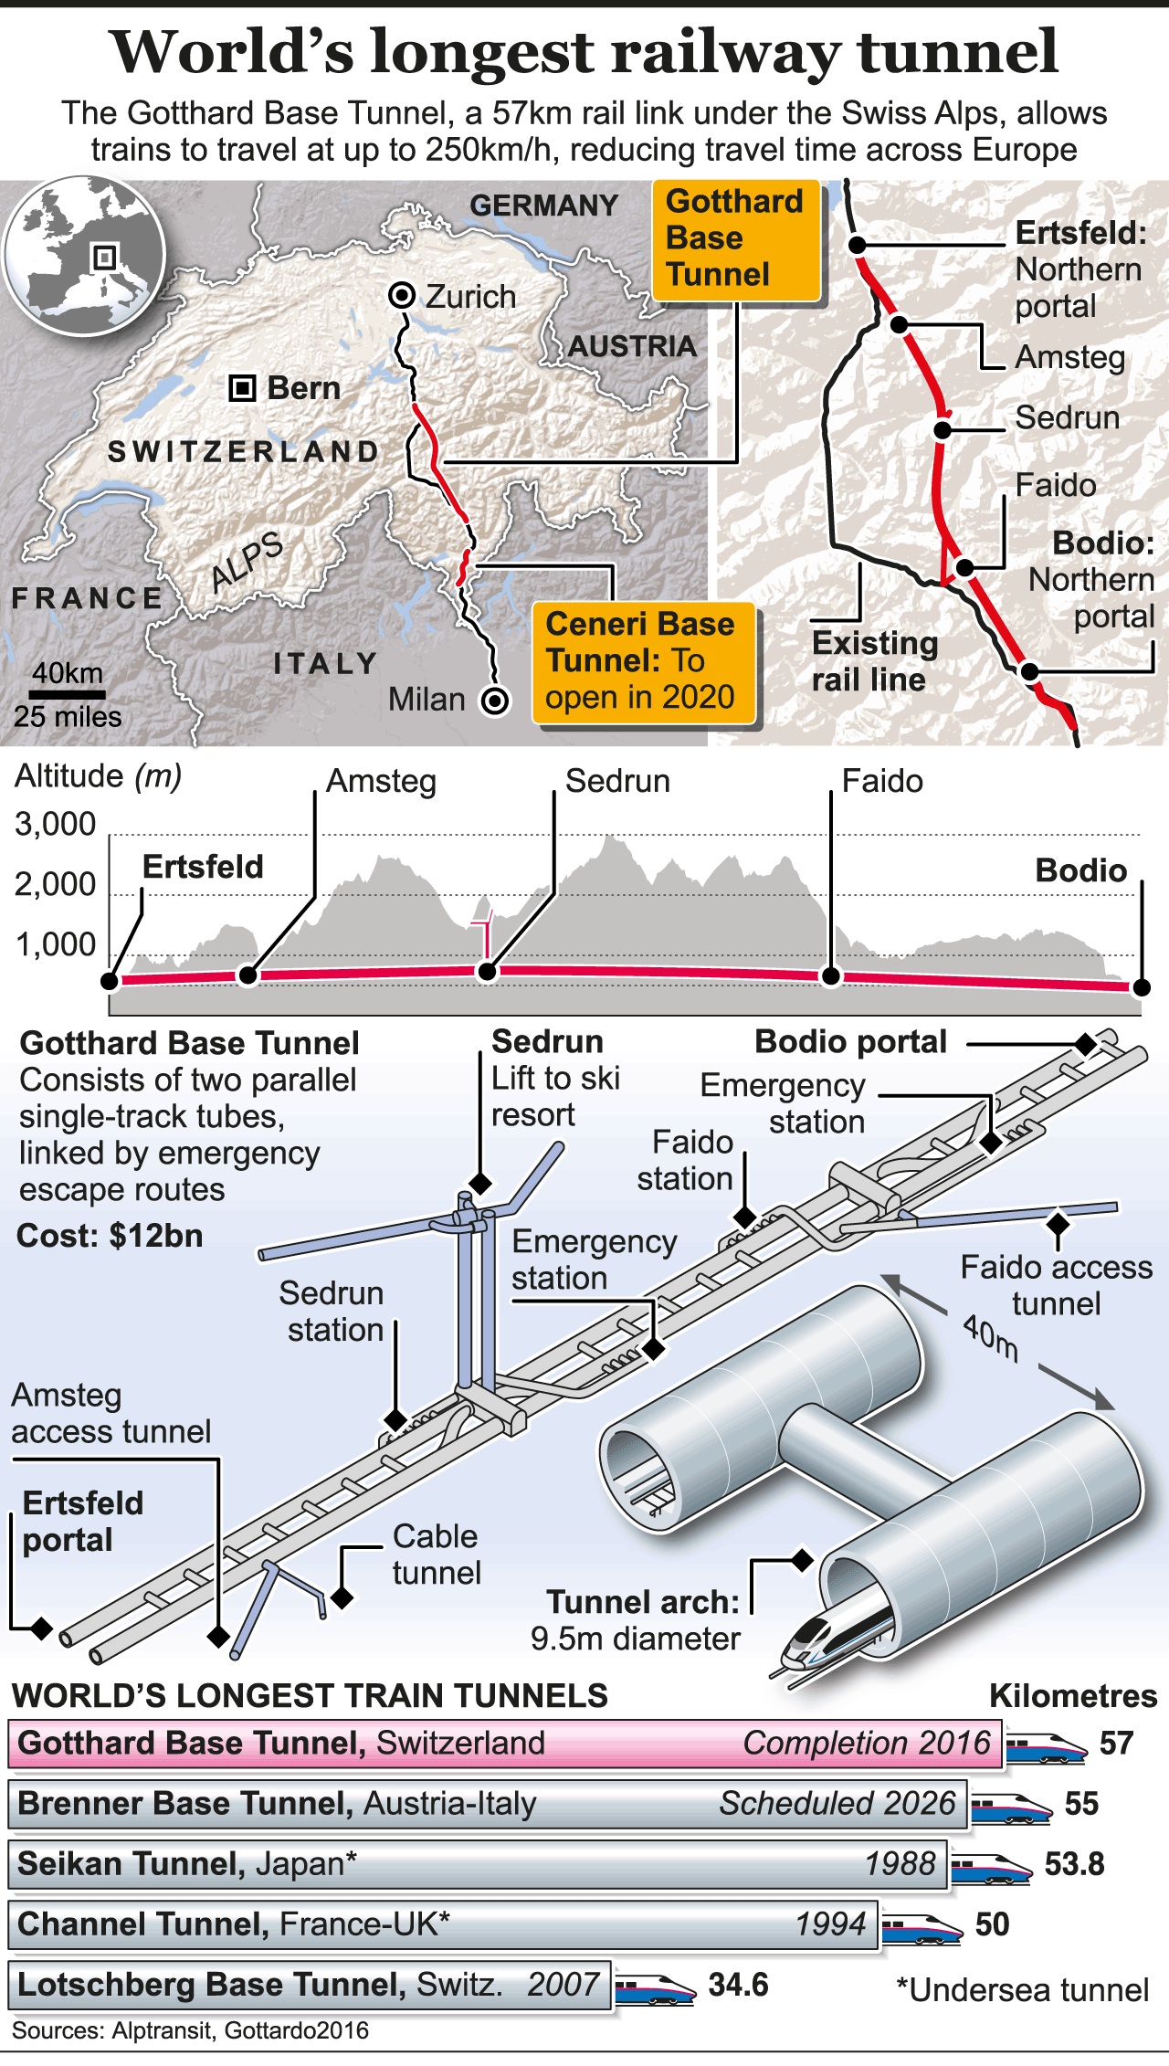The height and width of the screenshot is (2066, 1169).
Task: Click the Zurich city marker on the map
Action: coord(402,295)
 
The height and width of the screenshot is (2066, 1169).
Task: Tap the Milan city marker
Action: coord(495,701)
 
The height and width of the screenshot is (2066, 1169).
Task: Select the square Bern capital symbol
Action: coord(242,388)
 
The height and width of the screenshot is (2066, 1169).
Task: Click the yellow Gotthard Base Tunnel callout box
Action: coord(735,239)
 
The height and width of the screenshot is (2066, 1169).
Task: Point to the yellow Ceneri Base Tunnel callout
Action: coord(643,662)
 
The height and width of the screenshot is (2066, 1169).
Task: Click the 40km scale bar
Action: coord(67,695)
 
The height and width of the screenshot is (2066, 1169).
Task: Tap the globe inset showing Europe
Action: coord(84,257)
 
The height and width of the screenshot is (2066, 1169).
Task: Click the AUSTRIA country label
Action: coord(632,346)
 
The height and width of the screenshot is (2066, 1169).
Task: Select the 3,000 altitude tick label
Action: coord(55,824)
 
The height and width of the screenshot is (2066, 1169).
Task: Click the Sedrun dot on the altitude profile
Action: coord(488,972)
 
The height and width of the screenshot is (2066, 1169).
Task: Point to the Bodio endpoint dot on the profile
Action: coord(1141,987)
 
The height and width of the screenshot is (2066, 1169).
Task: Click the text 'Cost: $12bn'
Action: coord(110,1236)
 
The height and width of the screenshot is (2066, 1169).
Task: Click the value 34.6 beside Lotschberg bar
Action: coord(738,1985)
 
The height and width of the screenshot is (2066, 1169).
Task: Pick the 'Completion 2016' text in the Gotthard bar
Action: coord(866,1743)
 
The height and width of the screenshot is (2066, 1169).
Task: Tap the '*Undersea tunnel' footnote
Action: coord(1022,1990)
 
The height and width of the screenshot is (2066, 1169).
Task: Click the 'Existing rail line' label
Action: coord(874,661)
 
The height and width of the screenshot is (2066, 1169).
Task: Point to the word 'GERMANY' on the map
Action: coord(543,206)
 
